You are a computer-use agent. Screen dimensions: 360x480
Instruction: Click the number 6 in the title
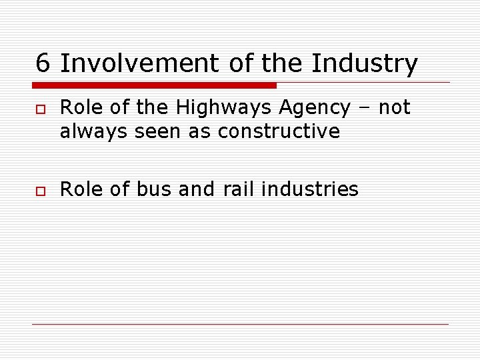[x=43, y=63]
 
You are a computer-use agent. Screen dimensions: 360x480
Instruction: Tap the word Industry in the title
[x=365, y=63]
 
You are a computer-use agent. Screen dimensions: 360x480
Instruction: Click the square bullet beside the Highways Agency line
[x=40, y=108]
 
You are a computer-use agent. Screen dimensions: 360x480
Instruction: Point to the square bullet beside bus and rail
[x=40, y=190]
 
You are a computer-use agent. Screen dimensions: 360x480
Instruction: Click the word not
[x=395, y=107]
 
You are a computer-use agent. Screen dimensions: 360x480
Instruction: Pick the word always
[x=94, y=131]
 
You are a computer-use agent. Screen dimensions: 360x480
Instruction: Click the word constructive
[x=279, y=131]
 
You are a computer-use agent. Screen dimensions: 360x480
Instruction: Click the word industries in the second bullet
[x=310, y=189]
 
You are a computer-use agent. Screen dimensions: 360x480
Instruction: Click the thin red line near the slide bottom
[x=240, y=324]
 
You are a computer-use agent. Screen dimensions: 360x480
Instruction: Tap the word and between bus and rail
[x=197, y=189]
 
